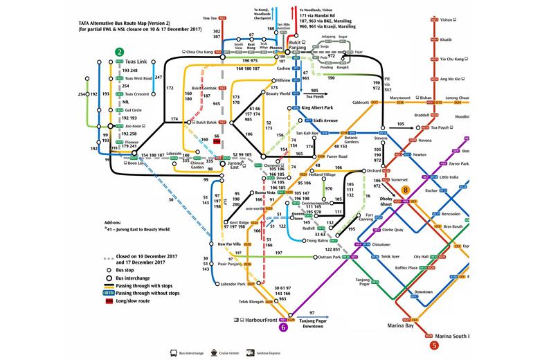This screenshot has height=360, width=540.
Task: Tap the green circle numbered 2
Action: point(120,52)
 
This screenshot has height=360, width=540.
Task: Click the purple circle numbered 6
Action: point(282,328)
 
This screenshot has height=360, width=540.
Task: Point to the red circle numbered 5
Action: point(434,345)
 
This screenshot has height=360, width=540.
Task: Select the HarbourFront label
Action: point(260,320)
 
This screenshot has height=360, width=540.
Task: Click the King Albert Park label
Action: point(318,108)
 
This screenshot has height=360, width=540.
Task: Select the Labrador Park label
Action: point(232,284)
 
